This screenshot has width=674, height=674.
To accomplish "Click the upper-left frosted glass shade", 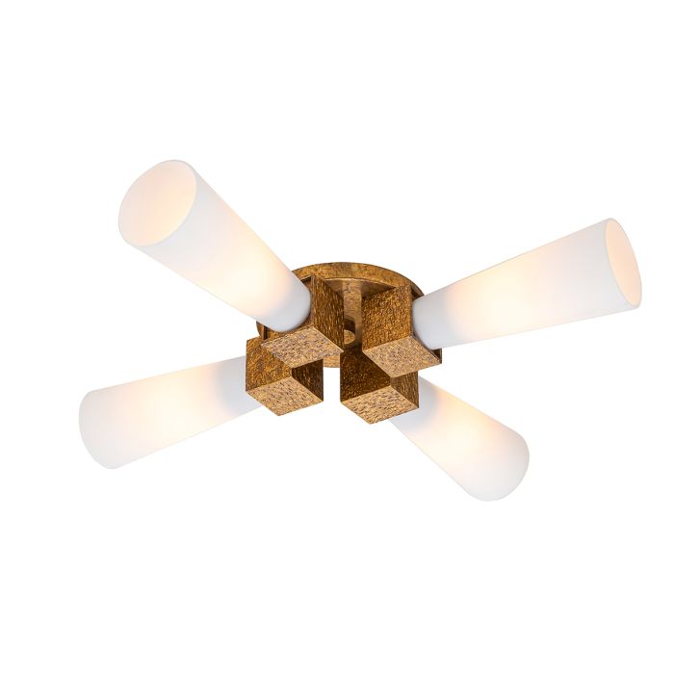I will pyautogui.click(x=221, y=241).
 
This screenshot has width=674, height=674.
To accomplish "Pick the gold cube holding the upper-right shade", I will pyautogui.click(x=390, y=323).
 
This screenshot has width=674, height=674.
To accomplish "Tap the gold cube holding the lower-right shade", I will pyautogui.click(x=380, y=395).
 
